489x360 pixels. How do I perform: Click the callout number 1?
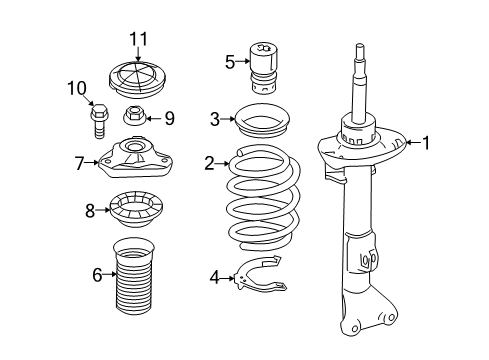point(426,143)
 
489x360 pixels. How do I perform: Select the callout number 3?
point(215,119)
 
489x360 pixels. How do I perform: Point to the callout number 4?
point(214,277)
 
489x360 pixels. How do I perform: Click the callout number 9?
point(169,118)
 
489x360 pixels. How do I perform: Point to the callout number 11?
point(137,39)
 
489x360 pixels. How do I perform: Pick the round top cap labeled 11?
point(137,79)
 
